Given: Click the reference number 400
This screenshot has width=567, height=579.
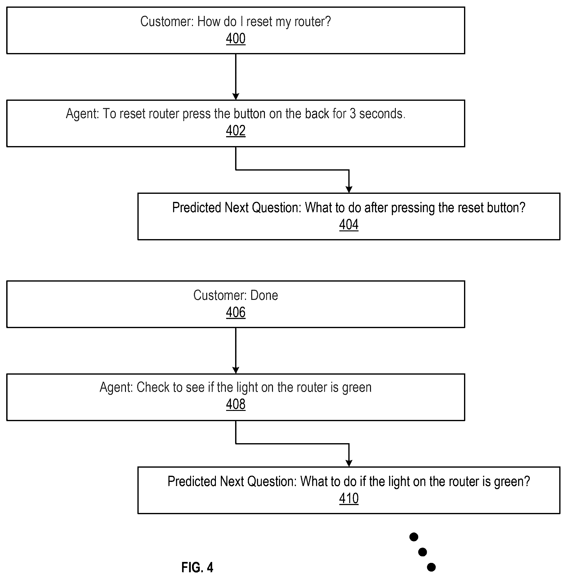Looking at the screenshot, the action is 236,39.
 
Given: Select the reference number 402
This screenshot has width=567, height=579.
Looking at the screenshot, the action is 236,131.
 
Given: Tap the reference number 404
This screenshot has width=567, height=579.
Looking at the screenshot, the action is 349,225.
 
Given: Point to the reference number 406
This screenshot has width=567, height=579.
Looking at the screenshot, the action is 236,312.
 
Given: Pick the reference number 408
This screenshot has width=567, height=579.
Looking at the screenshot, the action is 236,404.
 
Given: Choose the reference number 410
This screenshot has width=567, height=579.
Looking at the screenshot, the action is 349,498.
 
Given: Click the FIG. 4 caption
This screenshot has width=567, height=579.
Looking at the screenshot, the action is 197,568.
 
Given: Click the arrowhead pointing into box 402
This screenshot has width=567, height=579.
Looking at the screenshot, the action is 236,96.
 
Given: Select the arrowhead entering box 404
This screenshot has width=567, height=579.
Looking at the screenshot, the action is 349,189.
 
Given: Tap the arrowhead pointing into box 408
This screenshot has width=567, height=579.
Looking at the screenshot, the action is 236,370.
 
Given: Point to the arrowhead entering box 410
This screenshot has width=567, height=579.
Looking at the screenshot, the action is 349,463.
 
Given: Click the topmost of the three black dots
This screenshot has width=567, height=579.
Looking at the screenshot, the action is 414,537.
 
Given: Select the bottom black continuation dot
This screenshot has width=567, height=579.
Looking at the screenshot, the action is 431,567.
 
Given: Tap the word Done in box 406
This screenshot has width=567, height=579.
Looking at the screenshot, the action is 264,295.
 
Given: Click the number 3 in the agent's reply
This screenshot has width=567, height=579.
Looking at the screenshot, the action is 353,114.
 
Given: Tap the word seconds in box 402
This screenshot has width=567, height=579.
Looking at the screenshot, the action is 382,114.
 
